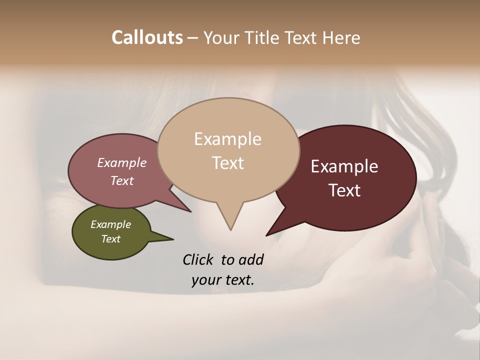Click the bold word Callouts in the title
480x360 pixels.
(x=147, y=38)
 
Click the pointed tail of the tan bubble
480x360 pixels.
(x=230, y=227)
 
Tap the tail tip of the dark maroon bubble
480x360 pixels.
(x=267, y=234)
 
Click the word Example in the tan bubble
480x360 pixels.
(x=227, y=139)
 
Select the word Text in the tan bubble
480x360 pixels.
(x=227, y=163)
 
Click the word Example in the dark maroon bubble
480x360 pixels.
(x=344, y=166)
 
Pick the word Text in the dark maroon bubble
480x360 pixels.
(x=344, y=190)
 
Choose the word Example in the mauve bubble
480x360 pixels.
(x=122, y=163)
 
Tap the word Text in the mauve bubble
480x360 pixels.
(x=122, y=180)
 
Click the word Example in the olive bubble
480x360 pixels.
(x=110, y=224)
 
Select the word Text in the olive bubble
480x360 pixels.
(x=110, y=239)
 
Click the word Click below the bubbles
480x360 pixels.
(x=198, y=259)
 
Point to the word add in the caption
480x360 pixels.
(x=250, y=259)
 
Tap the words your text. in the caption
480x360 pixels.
(x=223, y=280)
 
